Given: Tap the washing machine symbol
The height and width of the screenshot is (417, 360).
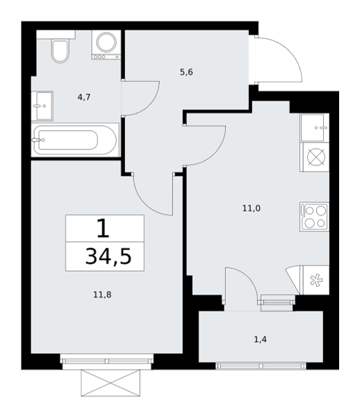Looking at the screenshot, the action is coord(106,44).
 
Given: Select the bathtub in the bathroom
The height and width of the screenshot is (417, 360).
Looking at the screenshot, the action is coord(75,140).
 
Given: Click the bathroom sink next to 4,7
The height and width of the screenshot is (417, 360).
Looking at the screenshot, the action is coord(42,106).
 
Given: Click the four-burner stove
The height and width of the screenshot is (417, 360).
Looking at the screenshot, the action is coord(315,217).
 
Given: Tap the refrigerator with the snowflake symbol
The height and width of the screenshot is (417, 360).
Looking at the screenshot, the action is coord(315,280).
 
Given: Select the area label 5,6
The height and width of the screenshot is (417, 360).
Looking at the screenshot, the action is coord(186,72).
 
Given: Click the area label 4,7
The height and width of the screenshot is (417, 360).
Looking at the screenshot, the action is coord(84,97).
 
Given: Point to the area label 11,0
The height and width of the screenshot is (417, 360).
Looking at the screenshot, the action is coord(252,208).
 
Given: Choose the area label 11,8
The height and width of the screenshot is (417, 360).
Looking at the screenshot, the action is coord(102,295).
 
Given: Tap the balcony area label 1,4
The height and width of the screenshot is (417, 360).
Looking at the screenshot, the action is coord(261,339).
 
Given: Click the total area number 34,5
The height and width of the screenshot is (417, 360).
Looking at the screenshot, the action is coord(108,256).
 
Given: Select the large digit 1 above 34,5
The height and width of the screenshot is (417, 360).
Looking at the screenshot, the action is coord(103,229).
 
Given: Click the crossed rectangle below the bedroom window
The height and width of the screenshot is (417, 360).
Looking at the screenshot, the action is coord(111,383).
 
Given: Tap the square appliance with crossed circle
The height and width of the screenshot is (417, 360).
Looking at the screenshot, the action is coord(315,157).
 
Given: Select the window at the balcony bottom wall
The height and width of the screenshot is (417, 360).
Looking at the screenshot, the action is coord(261,366).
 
